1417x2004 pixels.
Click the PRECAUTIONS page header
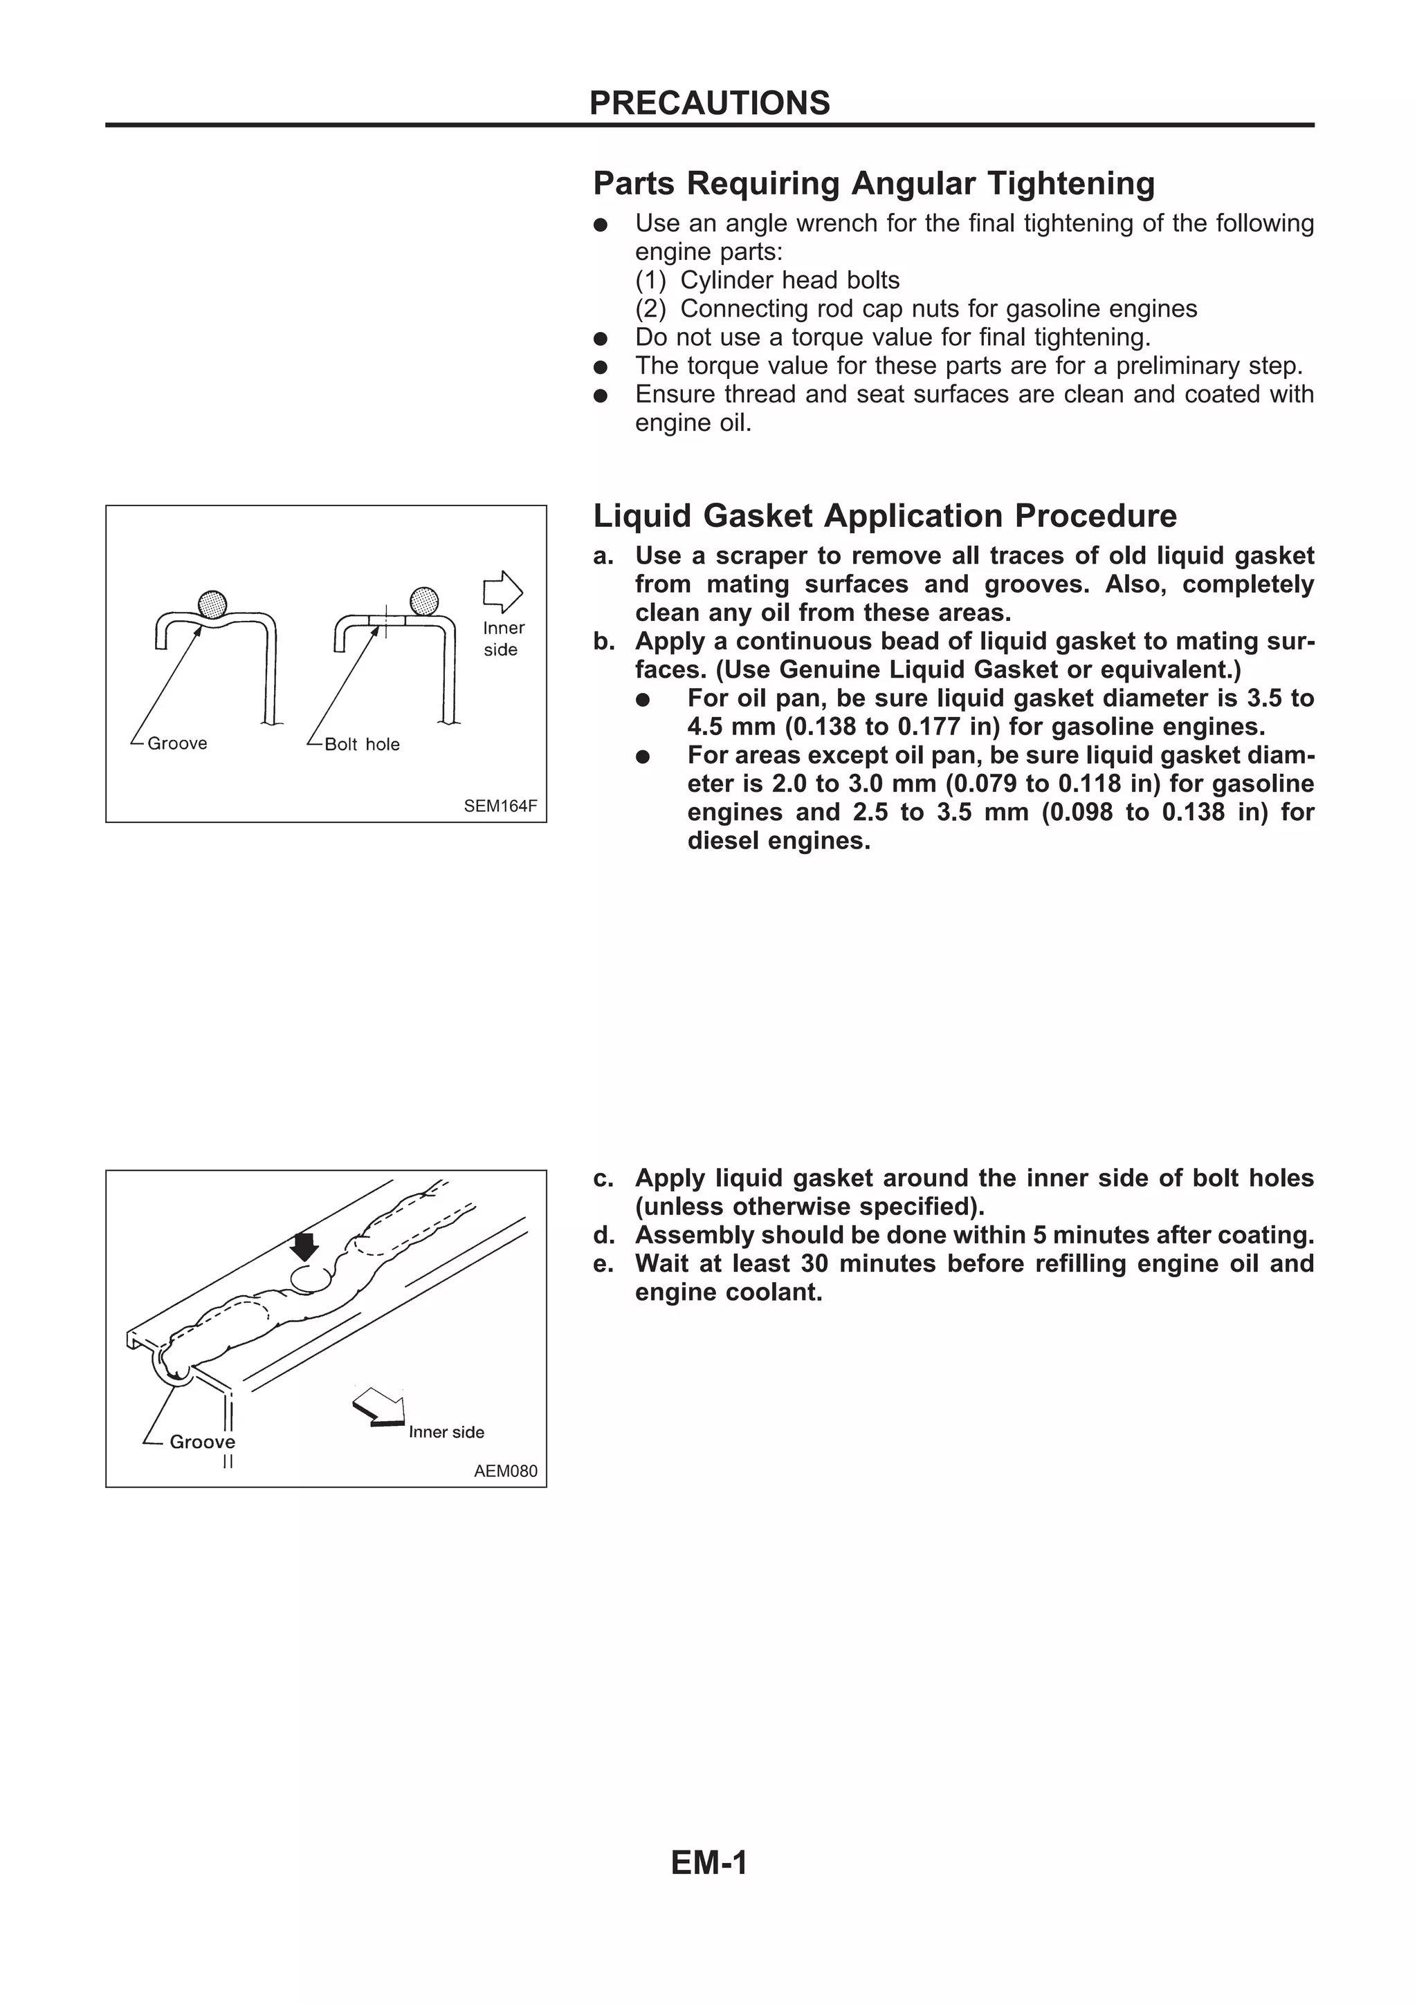tap(709, 103)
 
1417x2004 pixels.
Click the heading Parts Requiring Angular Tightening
tap(873, 183)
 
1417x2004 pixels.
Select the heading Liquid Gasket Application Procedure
tap(884, 516)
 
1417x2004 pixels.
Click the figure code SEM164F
tap(500, 806)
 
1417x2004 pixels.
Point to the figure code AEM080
tap(506, 1471)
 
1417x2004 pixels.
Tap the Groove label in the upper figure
tap(177, 743)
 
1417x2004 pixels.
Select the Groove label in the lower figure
tap(201, 1442)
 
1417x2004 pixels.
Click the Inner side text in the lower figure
tap(446, 1432)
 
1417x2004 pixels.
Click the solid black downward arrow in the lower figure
tap(304, 1245)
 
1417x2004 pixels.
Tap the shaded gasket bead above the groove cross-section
tap(212, 603)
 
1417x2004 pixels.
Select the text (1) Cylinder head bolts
tap(767, 280)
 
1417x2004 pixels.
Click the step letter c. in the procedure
tap(603, 1178)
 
